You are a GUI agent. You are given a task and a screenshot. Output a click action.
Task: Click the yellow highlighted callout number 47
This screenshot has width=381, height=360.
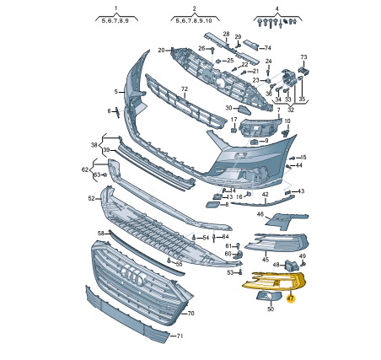290,298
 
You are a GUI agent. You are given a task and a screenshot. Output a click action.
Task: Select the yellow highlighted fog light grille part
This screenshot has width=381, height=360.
275,282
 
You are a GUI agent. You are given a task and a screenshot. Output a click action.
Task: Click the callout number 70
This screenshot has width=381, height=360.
190,313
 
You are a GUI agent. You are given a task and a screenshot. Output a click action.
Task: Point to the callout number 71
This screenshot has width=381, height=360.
180,336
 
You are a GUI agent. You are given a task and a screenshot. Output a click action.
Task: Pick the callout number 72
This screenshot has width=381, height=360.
184,89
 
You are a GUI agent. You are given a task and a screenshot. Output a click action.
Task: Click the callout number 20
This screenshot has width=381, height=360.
161,51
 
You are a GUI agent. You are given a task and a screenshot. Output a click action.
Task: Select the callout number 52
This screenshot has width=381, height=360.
91,198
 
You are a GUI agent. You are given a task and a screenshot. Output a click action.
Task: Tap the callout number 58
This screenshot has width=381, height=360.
100,233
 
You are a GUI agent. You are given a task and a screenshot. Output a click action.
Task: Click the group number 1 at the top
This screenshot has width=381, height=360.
115,8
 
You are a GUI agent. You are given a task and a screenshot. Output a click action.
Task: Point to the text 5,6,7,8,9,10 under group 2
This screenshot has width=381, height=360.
194,20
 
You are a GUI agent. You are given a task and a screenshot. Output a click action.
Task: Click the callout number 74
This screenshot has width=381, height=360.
268,48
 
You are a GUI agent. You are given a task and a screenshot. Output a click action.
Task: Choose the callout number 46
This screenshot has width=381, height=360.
260,214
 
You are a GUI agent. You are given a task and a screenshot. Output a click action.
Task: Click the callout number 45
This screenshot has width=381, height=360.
266,260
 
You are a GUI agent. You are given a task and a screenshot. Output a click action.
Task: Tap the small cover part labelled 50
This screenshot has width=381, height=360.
269,296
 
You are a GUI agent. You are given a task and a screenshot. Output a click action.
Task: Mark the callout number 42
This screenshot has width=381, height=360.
266,194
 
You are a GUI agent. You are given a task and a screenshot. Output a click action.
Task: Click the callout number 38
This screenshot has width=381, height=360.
94,145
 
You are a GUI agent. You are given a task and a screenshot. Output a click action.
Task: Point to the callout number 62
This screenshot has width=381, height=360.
85,169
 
